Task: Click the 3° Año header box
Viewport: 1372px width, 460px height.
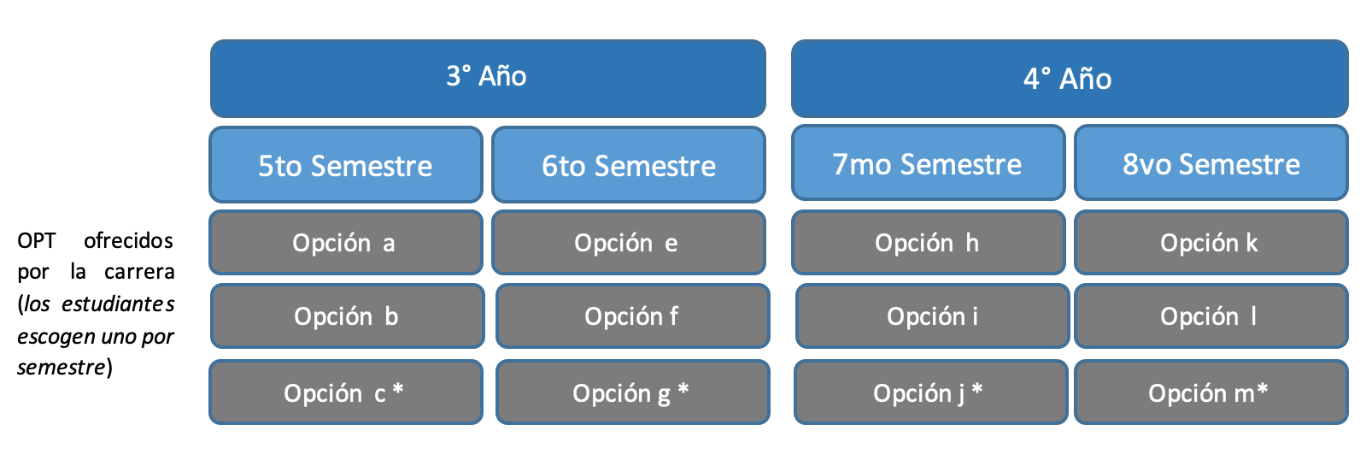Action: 488,79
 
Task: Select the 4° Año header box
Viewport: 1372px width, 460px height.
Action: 1070,79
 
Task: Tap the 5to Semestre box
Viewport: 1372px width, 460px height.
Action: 346,164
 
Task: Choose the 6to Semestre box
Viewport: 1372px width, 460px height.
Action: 629,164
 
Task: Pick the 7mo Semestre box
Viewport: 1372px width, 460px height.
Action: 928,162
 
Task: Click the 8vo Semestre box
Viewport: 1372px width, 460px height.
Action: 1211,162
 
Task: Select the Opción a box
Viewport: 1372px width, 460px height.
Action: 346,242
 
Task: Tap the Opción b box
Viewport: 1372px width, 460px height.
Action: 348,316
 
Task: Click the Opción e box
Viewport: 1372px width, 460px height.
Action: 629,242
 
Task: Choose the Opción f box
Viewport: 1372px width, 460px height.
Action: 633,316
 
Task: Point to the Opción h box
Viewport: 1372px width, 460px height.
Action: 928,242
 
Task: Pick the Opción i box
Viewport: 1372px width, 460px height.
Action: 932,316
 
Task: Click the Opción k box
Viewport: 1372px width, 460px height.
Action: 1211,242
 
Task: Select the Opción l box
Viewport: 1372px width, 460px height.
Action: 1211,316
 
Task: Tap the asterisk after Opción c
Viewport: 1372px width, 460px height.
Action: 398,389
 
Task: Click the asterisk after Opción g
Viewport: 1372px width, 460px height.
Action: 683,389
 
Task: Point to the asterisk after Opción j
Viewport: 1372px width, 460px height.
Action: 977,389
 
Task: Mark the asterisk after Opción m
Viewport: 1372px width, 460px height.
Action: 1262,389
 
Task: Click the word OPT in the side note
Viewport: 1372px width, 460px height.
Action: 36,241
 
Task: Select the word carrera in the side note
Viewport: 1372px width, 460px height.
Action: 139,272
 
